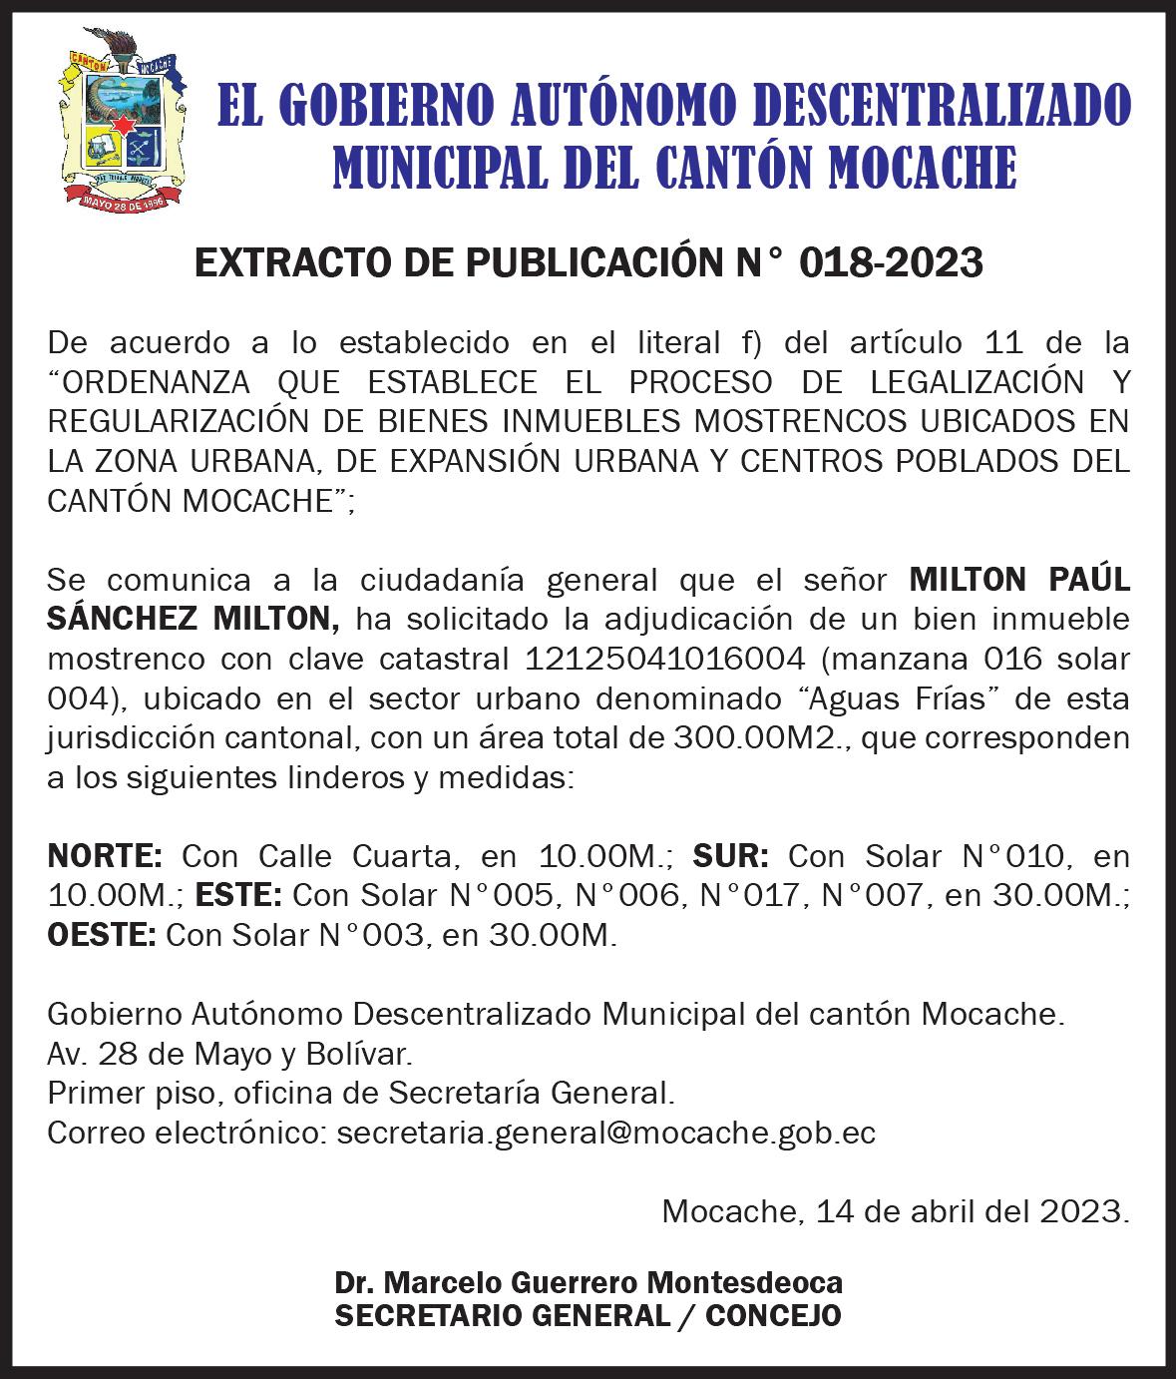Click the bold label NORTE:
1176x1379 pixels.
pos(105,856)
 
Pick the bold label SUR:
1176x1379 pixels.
pos(730,856)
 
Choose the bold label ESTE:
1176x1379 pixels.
pos(238,895)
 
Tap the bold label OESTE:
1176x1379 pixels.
pos(102,935)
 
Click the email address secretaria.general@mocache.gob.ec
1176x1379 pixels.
pos(606,1134)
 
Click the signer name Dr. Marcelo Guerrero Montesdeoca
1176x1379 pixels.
pos(588,1282)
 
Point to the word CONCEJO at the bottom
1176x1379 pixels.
pos(774,1316)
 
